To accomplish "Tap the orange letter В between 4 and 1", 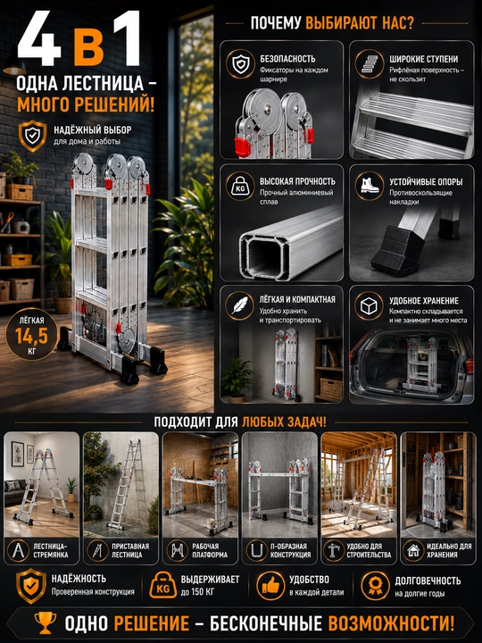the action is click(89, 48).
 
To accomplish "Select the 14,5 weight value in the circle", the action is click(31, 336).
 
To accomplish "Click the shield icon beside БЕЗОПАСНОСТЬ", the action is click(241, 63).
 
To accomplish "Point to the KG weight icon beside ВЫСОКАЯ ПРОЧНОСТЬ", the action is click(240, 187).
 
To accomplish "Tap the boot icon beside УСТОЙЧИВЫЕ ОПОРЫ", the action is click(370, 186).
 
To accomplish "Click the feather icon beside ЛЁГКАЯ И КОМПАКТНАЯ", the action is click(240, 305).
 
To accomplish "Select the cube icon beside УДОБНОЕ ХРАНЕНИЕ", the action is click(369, 306).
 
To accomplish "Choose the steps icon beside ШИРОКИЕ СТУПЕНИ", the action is click(370, 63).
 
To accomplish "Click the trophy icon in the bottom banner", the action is click(46, 623).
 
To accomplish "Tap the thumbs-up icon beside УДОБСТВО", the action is click(270, 586).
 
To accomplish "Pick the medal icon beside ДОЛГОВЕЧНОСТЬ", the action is click(375, 586).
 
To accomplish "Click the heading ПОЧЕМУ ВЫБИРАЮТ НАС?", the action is click(332, 23).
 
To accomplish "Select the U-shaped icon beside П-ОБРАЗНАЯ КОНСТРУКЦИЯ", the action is click(256, 550).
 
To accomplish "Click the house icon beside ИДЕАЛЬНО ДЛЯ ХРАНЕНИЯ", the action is click(413, 550).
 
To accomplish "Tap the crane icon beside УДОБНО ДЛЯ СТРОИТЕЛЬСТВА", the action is click(334, 550).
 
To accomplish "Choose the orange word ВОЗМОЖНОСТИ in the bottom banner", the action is click(392, 623).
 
